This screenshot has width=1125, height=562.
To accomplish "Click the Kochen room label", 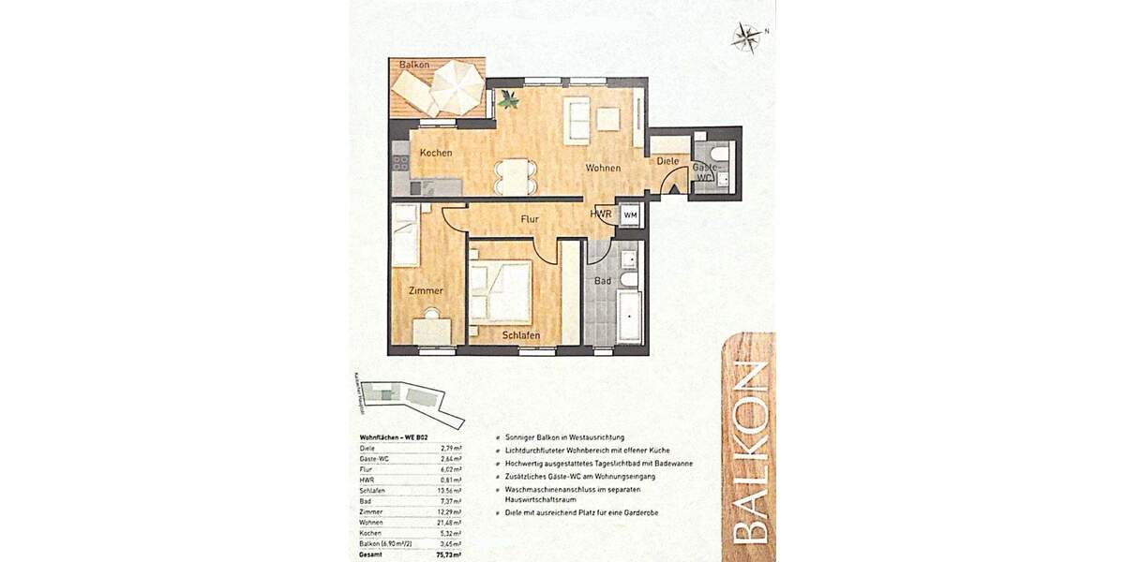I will (436, 153).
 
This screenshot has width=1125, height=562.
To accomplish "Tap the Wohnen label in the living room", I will (603, 169).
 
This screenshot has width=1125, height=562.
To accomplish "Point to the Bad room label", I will (603, 280).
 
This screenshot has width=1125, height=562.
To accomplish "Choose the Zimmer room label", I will (425, 291).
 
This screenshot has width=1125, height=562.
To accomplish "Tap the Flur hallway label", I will (530, 220).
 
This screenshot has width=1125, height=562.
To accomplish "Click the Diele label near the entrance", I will (667, 161).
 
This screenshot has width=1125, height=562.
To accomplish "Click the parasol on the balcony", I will (457, 86).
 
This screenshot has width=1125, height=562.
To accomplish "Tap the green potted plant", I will (508, 98).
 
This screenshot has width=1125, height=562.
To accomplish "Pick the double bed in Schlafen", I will (500, 291).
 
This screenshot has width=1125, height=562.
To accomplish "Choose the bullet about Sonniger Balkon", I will (562, 437).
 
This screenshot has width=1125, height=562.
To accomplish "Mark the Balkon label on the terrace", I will (413, 65).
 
